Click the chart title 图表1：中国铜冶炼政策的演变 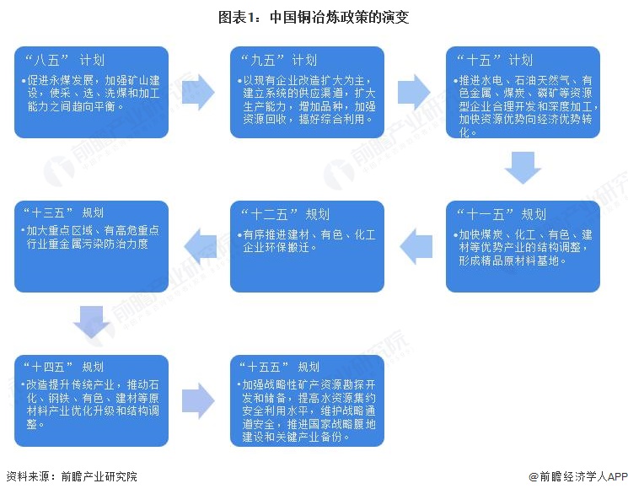click(314, 16)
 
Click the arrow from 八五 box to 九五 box click(199, 91)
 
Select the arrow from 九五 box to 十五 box click(415, 91)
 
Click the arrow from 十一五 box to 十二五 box click(415, 245)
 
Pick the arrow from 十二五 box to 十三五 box click(199, 245)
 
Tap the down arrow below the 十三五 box click(92, 321)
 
